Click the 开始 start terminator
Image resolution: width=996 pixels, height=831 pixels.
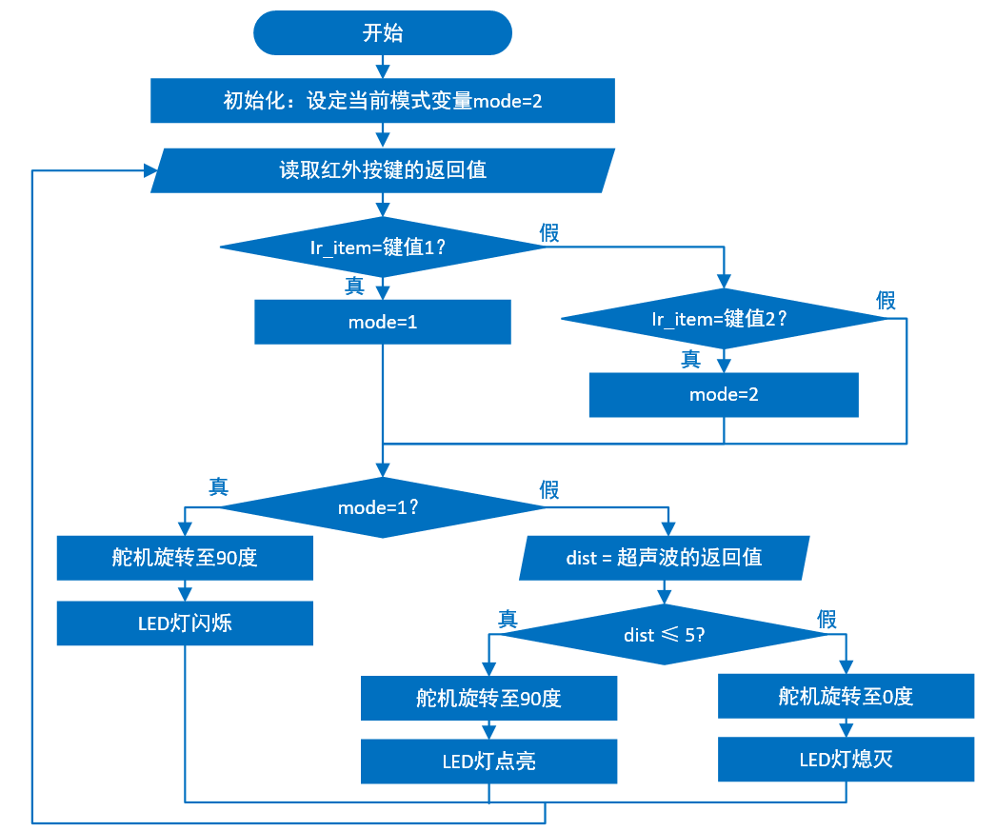coord(383,33)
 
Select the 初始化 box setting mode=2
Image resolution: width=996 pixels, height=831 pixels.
coord(383,101)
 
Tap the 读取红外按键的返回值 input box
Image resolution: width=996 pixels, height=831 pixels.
coord(383,170)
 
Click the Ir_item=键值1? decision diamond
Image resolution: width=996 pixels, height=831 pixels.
coord(383,247)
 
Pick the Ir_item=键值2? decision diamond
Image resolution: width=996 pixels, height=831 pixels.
coord(724,319)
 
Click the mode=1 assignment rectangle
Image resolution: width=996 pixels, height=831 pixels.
coord(383,322)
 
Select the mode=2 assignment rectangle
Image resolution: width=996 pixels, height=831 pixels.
coord(724,394)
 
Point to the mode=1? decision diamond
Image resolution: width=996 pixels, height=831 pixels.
coord(383,507)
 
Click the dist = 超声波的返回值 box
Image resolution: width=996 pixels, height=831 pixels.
coord(665,558)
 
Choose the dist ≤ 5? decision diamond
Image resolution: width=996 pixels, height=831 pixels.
coord(665,634)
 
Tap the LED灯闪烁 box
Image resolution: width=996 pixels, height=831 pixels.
coord(185,623)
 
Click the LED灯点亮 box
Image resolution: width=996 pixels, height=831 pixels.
coord(488,762)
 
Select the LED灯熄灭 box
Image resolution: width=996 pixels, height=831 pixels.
coord(846,759)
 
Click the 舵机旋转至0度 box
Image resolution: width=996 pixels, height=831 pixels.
coord(846,696)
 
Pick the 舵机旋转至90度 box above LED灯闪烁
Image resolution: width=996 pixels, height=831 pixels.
coord(185,558)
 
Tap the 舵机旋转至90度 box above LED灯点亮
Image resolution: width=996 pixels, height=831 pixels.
coord(488,698)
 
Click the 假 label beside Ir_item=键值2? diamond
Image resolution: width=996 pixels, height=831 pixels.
coord(886,301)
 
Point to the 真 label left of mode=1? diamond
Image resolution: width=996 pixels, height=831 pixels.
coord(218,486)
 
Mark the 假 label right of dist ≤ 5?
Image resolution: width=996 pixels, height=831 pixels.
coord(827,620)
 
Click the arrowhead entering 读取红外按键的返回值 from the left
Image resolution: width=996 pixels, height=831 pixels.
coord(150,170)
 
